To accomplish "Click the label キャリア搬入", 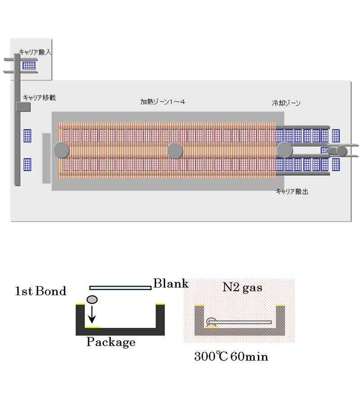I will [x=35, y=52].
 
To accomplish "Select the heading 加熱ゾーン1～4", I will [x=162, y=102].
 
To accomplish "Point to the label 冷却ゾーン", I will [x=286, y=103].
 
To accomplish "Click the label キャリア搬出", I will [x=292, y=191].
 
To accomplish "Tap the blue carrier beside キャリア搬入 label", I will [x=29, y=65].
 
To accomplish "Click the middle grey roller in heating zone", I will [x=175, y=151].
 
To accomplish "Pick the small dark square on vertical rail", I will [x=22, y=107].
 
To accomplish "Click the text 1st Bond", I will [x=40, y=291].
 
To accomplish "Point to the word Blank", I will [x=171, y=284].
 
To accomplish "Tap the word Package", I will [x=111, y=342].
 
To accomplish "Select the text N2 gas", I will [x=243, y=287].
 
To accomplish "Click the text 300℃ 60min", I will [x=231, y=357].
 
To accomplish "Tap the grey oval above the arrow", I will [x=92, y=299].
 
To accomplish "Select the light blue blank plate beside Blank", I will [x=120, y=288].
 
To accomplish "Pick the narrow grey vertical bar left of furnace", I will [x=46, y=158].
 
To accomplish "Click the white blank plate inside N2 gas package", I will [x=243, y=322].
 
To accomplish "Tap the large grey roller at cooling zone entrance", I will [x=284, y=149].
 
